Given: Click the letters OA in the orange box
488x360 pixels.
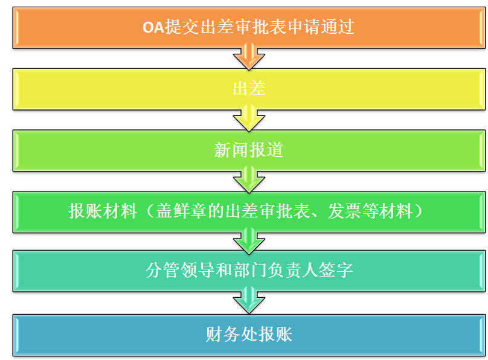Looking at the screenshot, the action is tap(153, 27).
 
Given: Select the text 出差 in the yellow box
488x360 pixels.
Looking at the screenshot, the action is tap(249, 88).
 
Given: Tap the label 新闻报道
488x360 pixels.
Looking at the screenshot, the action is tap(249, 150).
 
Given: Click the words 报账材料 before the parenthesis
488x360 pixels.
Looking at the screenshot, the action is tap(103, 211).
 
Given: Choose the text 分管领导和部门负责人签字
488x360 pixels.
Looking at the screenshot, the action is tap(249, 270).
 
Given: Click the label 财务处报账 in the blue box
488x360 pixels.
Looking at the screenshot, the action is tap(249, 335).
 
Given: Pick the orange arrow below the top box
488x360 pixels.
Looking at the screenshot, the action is tap(249, 57).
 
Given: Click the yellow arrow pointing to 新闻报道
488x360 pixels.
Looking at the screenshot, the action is tap(249, 118).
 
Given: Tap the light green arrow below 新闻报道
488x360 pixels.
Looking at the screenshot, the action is tap(249, 180).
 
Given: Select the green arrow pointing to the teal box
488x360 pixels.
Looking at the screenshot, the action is tap(249, 241).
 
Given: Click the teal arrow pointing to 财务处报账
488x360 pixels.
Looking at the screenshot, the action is tap(249, 300).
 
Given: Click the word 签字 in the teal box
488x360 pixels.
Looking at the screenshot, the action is tap(336, 270).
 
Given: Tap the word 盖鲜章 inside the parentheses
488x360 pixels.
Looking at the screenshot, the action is tap(181, 211).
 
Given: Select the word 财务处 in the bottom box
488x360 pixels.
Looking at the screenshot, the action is tap(231, 335).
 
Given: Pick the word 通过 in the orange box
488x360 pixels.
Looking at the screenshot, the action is tap(338, 27).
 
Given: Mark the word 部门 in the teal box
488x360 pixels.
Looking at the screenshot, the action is tap(249, 270).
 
